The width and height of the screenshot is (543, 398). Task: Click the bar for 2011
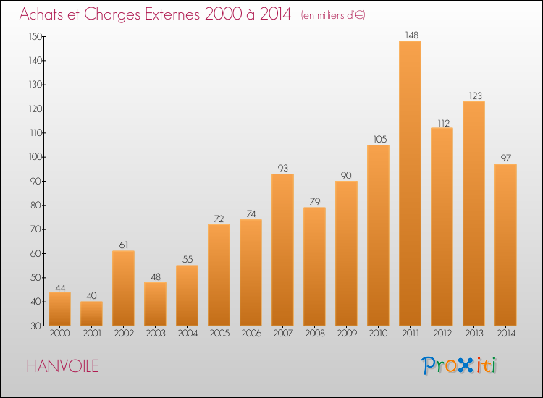tap(410, 183)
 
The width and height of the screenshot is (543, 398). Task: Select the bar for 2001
tap(91, 313)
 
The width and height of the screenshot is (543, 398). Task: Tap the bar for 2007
tap(282, 250)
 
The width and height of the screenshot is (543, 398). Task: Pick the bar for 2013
tap(473, 213)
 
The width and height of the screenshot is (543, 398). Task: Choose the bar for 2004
tap(187, 295)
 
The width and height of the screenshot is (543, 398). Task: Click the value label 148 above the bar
tap(411, 35)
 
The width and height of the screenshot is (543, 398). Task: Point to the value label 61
tap(124, 245)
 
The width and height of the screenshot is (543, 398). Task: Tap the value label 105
tap(380, 139)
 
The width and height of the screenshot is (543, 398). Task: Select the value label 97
tap(506, 158)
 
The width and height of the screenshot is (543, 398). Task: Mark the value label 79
tap(315, 201)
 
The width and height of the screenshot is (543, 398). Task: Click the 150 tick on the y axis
tap(35, 37)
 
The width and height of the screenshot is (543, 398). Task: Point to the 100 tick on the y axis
tap(35, 157)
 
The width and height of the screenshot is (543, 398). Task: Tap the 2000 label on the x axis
tap(59, 334)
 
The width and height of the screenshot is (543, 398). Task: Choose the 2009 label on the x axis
tap(347, 334)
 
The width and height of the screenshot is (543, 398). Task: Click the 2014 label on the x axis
tap(506, 334)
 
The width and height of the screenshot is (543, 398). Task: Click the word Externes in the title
tap(172, 14)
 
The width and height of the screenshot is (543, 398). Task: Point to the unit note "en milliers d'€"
tap(333, 16)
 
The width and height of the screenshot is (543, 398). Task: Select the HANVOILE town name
tap(63, 366)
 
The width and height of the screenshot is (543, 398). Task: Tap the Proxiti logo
tap(459, 365)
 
